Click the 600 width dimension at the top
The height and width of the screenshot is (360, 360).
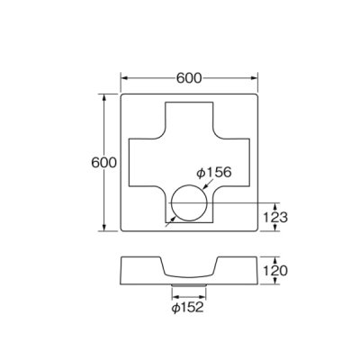click(x=188, y=77)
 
